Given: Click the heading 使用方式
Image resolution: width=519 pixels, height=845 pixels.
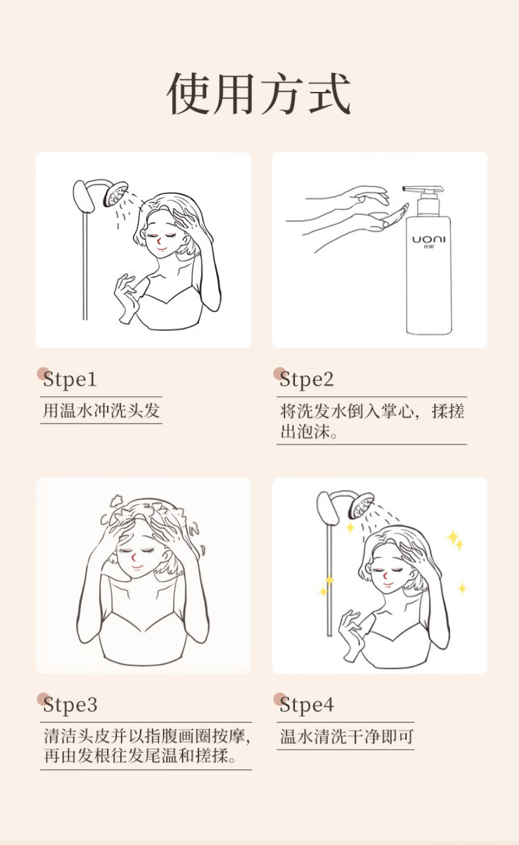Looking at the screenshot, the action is click(259, 93).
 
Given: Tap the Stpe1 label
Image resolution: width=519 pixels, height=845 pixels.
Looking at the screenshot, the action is click(70, 379).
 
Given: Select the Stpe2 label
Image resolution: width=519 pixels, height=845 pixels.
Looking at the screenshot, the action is click(307, 379).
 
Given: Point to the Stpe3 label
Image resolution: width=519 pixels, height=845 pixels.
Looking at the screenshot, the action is click(70, 704).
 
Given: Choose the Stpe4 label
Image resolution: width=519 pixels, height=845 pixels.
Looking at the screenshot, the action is click(307, 704).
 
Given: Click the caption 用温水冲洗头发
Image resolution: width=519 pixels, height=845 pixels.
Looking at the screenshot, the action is click(101, 410).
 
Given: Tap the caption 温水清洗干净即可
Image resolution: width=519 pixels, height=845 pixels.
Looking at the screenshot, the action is click(346, 736).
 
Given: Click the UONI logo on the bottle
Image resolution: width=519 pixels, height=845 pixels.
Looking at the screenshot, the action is click(428, 240).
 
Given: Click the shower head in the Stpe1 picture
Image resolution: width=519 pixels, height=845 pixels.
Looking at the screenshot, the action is click(116, 194).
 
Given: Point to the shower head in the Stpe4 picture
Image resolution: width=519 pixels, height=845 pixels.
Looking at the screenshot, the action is click(361, 506).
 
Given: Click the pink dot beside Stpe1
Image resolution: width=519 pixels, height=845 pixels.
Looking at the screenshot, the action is click(43, 374).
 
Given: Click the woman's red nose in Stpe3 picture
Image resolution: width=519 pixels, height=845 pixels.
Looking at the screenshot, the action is click(133, 557).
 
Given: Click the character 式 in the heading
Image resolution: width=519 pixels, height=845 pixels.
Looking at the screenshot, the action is click(330, 93).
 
